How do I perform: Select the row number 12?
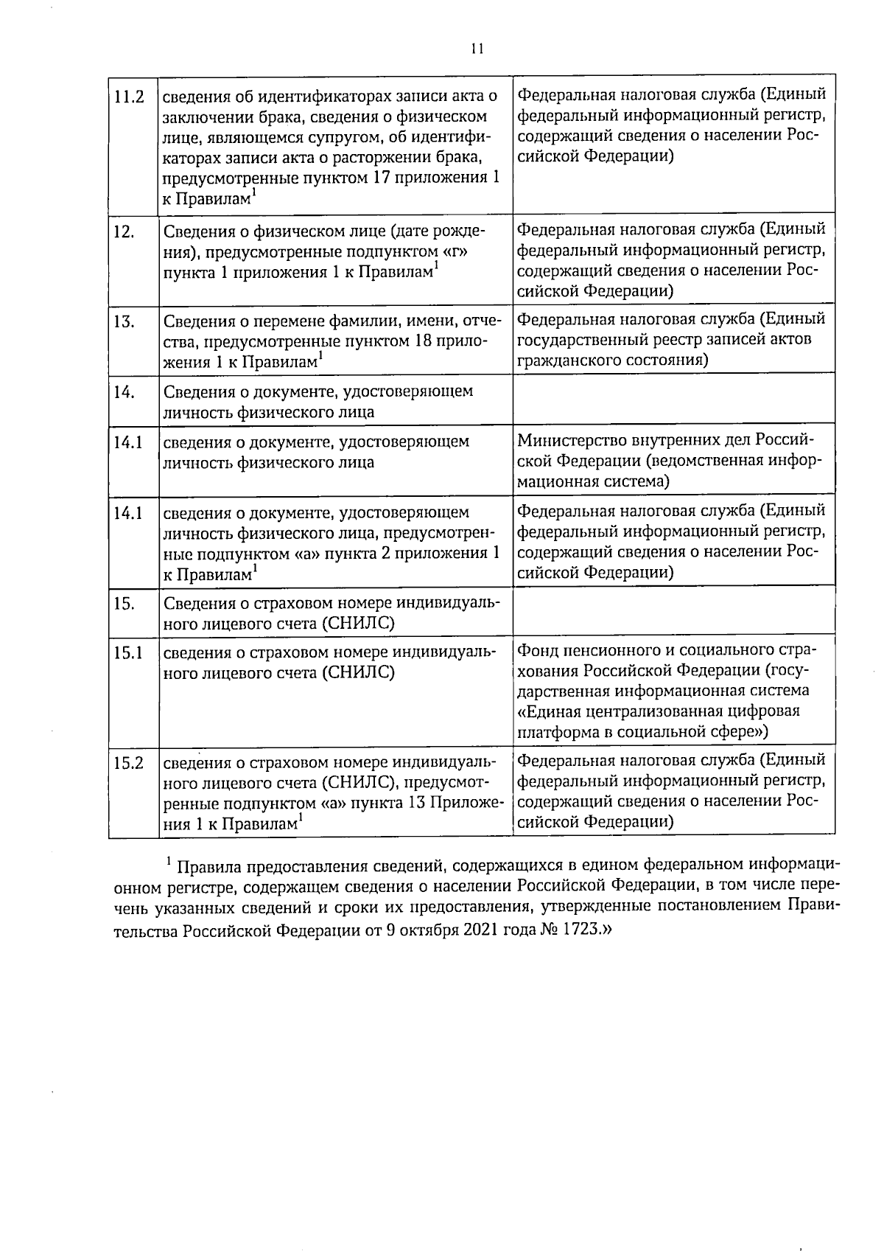pos(124,232)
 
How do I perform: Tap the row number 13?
pos(124,321)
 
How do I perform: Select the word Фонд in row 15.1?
pos(538,650)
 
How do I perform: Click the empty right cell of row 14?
pos(673,400)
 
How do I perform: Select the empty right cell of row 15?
pos(673,613)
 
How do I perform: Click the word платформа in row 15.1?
pos(557,732)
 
